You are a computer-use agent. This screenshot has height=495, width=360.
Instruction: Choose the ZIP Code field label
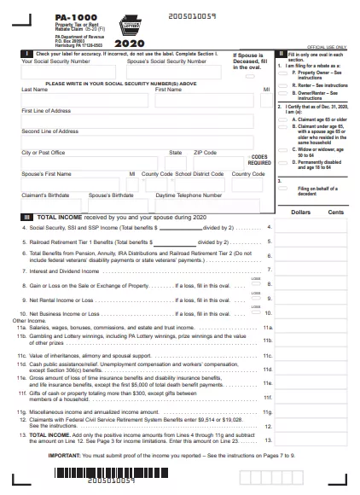(205, 152)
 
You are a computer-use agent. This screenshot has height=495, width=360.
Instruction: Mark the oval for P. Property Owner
(283, 74)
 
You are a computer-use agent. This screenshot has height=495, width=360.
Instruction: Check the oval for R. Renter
(283, 86)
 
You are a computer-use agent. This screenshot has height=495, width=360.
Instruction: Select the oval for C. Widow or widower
(283, 148)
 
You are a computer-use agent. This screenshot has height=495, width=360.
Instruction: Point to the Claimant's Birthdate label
(46, 195)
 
